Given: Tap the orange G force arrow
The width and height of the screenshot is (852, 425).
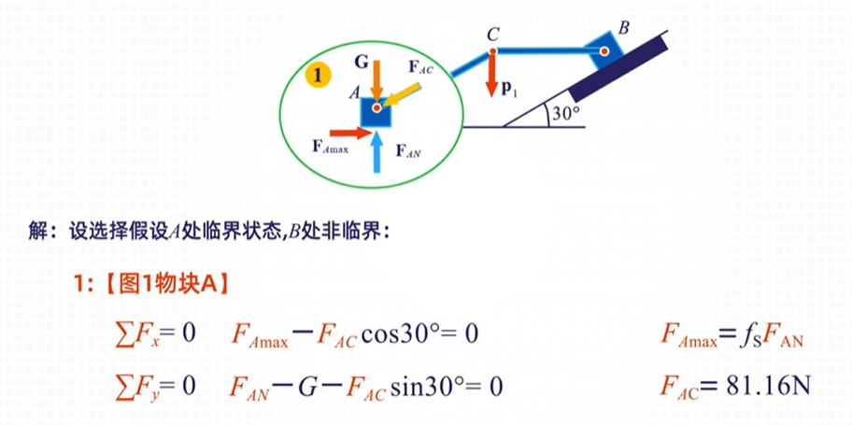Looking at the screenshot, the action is [x=376, y=77].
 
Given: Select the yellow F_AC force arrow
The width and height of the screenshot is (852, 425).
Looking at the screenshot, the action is [x=403, y=95].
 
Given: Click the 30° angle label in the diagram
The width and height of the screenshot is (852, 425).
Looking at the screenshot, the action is [x=564, y=113].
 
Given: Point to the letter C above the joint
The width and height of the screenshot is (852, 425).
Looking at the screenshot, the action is [x=491, y=35].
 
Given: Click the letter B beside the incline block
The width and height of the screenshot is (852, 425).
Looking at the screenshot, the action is [x=624, y=27].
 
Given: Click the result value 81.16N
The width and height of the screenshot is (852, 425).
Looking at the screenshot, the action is [x=759, y=385].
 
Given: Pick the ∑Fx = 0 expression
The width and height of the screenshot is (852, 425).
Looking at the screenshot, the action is [x=153, y=334].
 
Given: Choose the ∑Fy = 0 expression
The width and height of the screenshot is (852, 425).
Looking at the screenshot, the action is [x=153, y=385].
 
